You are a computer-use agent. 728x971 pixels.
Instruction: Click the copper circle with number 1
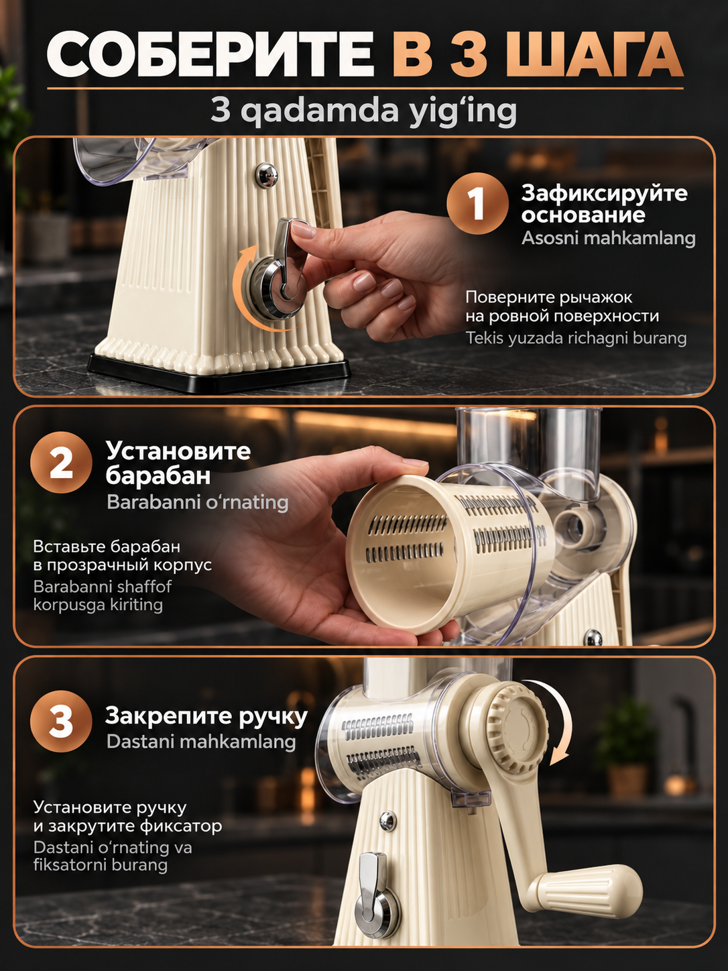(477, 203)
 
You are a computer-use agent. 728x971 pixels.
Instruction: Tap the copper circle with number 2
(61, 462)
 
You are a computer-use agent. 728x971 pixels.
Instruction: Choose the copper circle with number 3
(61, 722)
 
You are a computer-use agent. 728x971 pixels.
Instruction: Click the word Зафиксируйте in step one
(604, 194)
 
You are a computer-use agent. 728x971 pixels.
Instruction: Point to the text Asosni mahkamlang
(608, 239)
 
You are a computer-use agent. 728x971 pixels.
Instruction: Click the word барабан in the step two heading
(158, 475)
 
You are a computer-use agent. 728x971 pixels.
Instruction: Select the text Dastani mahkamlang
(201, 742)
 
